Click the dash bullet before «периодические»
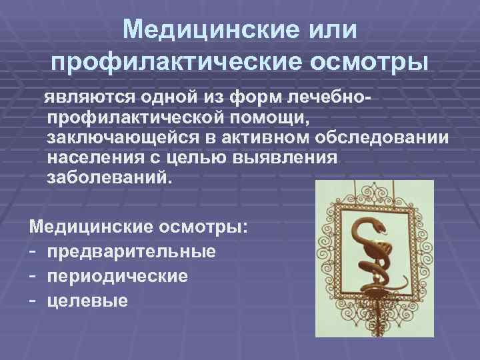pos(33,275)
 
